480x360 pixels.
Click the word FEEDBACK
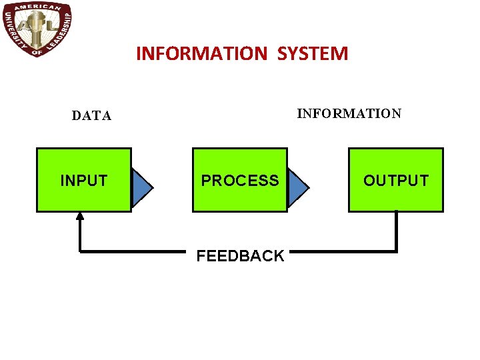(x=240, y=256)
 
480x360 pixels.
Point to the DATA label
(x=92, y=116)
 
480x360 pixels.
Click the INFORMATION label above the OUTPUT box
(x=349, y=113)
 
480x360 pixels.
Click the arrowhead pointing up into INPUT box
(x=80, y=216)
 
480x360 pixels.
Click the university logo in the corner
(x=37, y=29)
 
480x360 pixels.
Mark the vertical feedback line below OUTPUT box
(x=396, y=231)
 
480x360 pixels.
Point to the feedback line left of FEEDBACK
(x=133, y=251)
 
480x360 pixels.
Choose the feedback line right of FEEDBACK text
(x=343, y=251)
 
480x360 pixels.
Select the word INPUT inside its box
(x=83, y=181)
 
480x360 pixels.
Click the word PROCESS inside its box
(x=240, y=181)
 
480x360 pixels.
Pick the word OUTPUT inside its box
(x=395, y=181)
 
